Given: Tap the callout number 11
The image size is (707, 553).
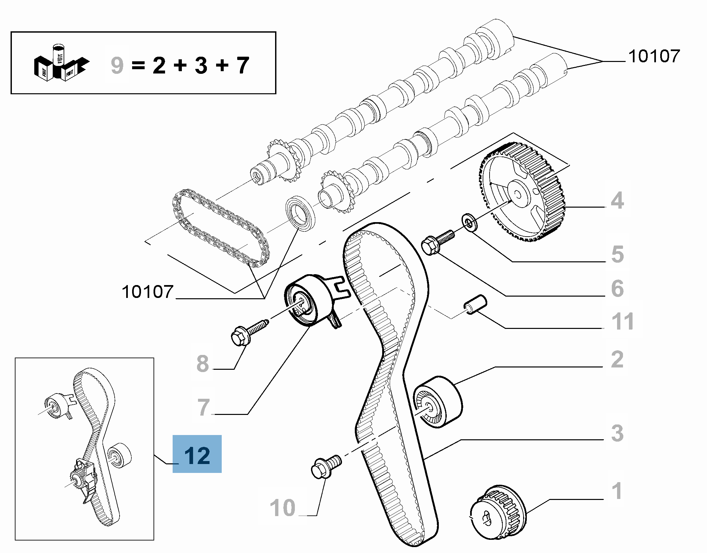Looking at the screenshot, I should click(x=622, y=321).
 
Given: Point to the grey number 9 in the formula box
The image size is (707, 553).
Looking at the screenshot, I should click(x=117, y=65).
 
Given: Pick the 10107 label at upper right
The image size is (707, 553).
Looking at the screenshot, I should click(x=654, y=56).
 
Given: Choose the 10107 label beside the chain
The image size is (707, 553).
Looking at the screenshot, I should click(x=147, y=292).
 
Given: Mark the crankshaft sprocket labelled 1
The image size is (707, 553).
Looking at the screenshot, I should click(x=497, y=516).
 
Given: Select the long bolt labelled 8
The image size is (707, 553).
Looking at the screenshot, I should click(x=249, y=331).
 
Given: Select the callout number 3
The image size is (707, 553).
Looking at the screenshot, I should click(x=617, y=433).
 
